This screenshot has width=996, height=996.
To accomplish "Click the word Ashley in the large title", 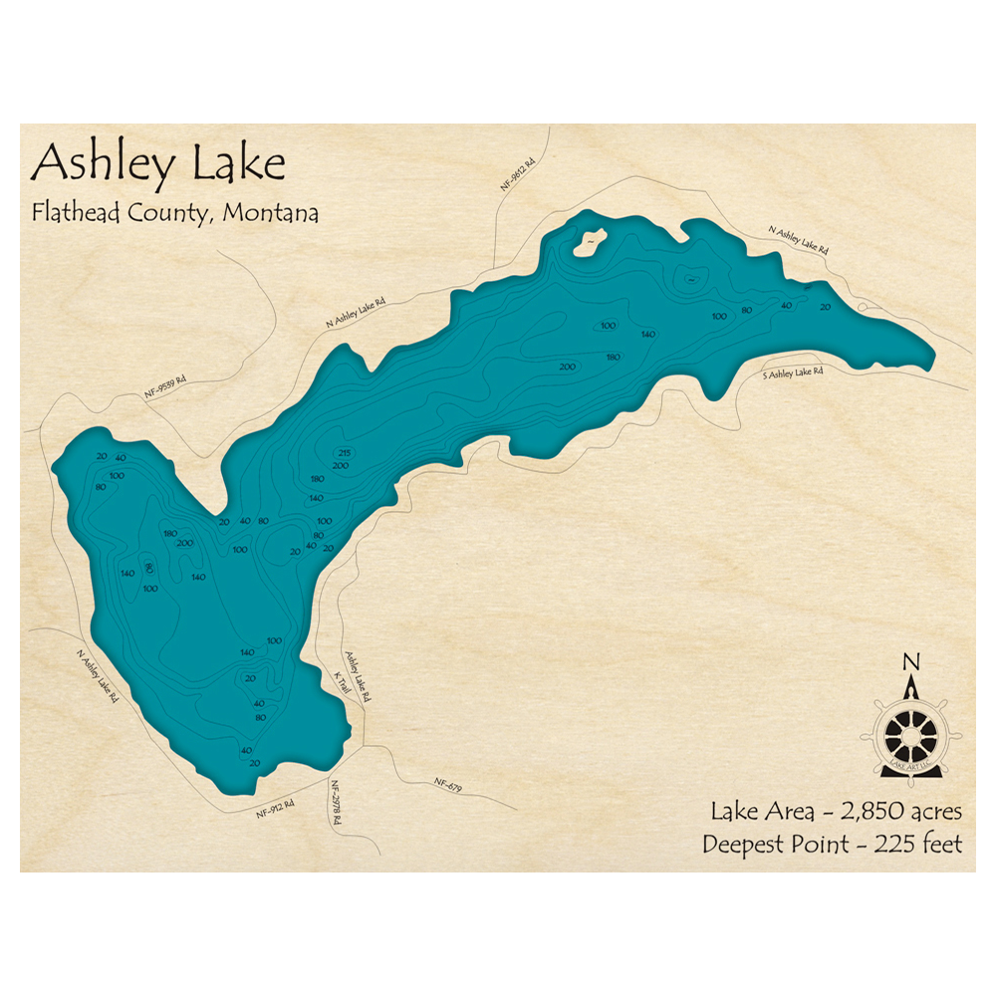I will [x=100, y=163].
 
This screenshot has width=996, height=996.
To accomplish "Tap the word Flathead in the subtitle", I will [x=70, y=212].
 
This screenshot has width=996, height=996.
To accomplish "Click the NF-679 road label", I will [x=448, y=787].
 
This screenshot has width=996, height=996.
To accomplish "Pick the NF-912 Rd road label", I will [x=276, y=807].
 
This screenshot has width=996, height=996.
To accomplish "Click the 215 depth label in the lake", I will [x=344, y=454].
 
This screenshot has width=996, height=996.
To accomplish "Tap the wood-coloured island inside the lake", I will [x=590, y=240].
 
